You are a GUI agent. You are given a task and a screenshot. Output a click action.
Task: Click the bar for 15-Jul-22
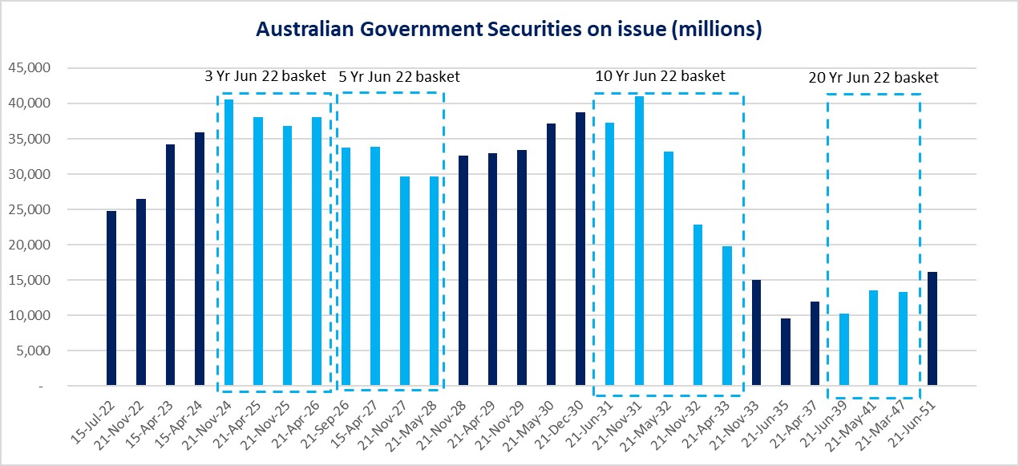point(111,298)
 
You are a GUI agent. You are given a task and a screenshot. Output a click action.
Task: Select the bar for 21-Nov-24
point(228,242)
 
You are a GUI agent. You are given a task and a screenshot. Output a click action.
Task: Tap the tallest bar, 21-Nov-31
point(639,241)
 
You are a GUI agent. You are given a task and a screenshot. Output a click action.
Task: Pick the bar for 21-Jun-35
point(786,352)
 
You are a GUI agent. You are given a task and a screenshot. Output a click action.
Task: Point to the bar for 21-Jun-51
point(932,329)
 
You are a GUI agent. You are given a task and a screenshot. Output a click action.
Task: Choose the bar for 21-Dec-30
point(580,249)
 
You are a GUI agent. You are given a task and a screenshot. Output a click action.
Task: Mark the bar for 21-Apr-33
point(727,316)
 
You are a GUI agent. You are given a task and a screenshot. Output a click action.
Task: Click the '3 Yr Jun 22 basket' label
point(265,77)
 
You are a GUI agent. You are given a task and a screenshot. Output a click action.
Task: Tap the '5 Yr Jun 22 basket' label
point(399,77)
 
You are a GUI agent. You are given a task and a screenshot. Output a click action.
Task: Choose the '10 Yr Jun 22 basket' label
point(660,76)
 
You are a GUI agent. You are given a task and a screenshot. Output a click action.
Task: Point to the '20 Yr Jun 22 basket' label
point(873,78)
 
